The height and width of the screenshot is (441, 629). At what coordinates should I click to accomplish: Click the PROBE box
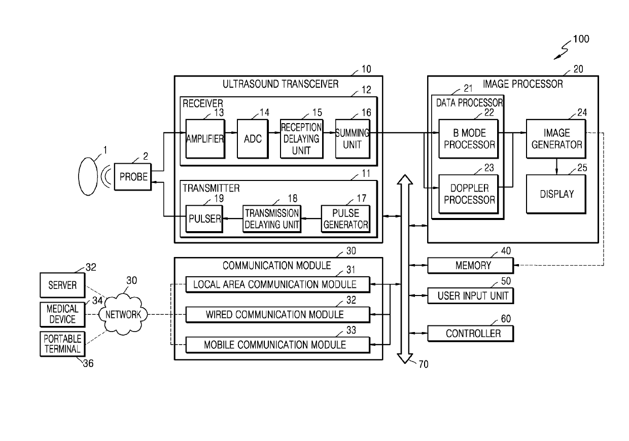coord(133,177)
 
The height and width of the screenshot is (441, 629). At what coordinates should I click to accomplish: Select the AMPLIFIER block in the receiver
coord(205,139)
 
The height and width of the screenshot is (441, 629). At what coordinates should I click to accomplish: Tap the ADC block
coord(253,139)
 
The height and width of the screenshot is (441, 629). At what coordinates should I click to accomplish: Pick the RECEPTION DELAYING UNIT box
coord(302,139)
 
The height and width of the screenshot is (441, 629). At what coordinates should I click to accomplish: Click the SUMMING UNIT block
coord(353,139)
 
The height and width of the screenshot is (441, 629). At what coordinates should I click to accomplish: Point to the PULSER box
coord(204,219)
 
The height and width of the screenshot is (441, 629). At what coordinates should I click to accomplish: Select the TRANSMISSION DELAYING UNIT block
coord(272,219)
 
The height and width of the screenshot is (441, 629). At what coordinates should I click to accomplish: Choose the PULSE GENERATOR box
coord(345,219)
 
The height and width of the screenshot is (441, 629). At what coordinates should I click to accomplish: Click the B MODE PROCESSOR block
coord(469,139)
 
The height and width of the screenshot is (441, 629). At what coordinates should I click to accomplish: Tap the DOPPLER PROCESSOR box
coord(469,194)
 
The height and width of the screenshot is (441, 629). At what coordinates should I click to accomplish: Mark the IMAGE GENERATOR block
coord(556,139)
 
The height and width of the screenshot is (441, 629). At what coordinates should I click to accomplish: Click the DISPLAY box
coord(556,194)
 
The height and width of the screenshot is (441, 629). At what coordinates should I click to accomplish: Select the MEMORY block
coord(471,266)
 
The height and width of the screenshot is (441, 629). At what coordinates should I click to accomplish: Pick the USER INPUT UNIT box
coord(471,296)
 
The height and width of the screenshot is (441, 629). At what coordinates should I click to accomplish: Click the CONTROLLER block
coord(471,333)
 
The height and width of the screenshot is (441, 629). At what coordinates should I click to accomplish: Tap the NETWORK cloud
coord(123,314)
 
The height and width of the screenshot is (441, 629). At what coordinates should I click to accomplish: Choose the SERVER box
coord(62,285)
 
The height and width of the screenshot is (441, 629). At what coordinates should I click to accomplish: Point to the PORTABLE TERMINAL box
coord(62,344)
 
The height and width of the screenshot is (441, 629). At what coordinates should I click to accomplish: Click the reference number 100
coord(581,39)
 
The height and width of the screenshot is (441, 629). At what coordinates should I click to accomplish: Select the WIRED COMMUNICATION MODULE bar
coord(277,315)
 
